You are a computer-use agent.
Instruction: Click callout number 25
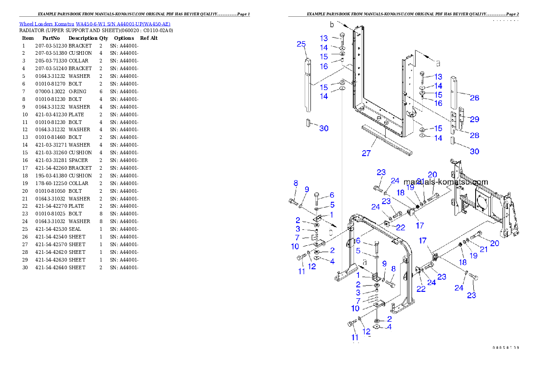tap(301, 44)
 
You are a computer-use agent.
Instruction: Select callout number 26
tap(474, 98)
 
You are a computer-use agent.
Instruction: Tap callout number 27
tap(366, 153)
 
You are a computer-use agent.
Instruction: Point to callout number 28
tap(474, 135)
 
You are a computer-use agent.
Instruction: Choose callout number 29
tap(474, 119)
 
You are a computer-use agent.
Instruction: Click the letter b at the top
tap(333, 24)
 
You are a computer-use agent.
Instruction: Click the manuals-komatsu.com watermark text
tap(445, 182)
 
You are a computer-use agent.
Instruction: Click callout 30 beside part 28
tap(474, 151)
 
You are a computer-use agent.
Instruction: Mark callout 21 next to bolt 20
tap(484, 249)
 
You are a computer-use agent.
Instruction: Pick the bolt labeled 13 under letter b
tap(342, 37)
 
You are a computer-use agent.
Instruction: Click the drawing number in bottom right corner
tap(506, 348)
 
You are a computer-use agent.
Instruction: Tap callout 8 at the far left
tap(296, 183)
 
